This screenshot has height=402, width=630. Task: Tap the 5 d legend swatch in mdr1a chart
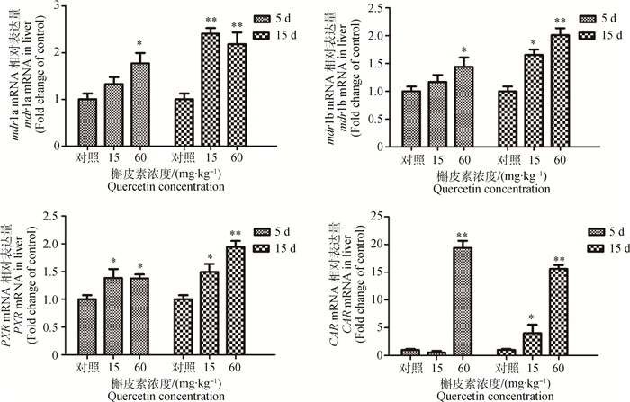pyautogui.click(x=262, y=18)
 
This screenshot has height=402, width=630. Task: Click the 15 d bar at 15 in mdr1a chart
pyautogui.click(x=210, y=89)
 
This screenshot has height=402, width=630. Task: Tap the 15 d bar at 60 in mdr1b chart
pyautogui.click(x=559, y=90)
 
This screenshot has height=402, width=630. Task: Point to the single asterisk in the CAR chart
pyautogui.click(x=532, y=316)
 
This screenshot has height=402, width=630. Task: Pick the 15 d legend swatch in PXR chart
pyautogui.click(x=262, y=245)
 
